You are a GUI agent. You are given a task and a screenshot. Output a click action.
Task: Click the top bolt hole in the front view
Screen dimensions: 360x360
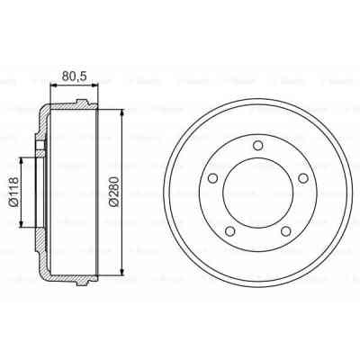(x=258, y=146)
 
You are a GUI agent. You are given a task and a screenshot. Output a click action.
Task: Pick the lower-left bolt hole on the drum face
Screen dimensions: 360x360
(x=230, y=232)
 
